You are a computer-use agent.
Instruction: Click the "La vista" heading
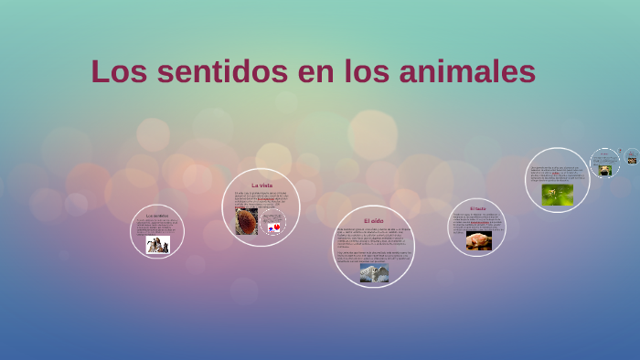tap(261, 185)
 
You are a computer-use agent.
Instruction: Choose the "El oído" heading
tap(373, 221)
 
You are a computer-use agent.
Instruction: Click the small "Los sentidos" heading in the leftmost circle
tap(157, 216)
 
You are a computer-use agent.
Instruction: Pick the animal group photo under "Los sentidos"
tap(157, 244)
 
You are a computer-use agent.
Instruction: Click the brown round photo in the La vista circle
tap(247, 220)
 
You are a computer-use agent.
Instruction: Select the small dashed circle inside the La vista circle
tap(273, 222)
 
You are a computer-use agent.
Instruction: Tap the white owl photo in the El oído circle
tap(373, 272)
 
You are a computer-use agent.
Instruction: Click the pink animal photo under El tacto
tap(478, 241)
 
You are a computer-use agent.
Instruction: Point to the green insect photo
tap(557, 195)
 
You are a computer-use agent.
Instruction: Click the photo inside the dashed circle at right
tap(604, 169)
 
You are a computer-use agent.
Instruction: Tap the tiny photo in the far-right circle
tap(632, 161)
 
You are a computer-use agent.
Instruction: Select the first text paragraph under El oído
tap(372, 237)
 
